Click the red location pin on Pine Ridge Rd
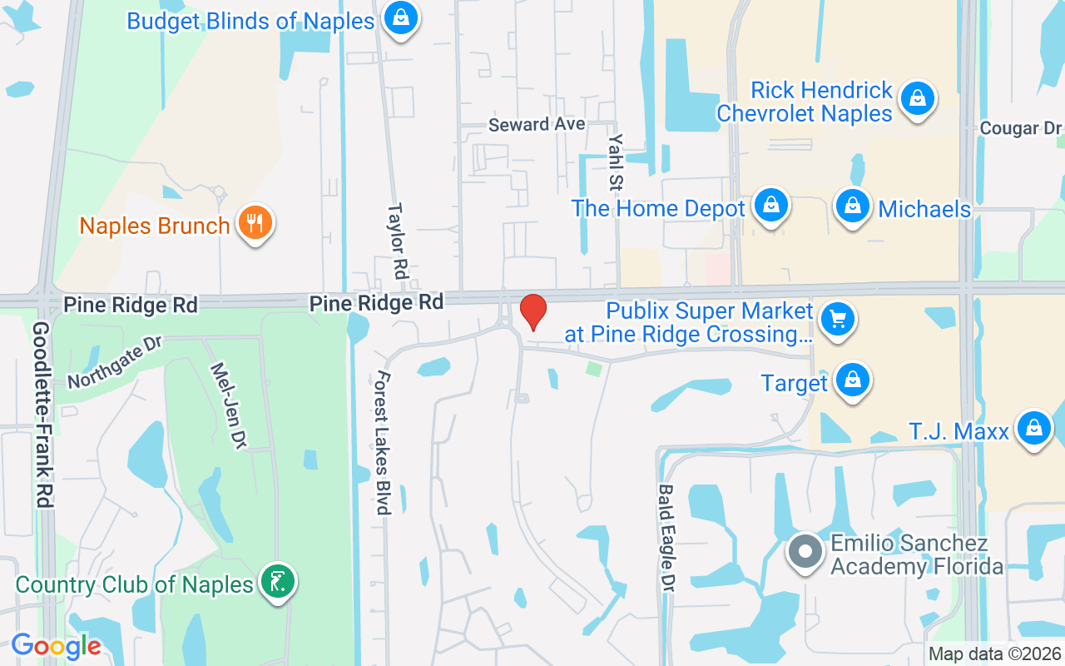coord(532,311)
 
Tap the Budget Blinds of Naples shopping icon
coord(401,16)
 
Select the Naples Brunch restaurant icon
coord(255,222)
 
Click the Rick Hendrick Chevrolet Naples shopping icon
coord(917,98)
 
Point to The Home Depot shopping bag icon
coord(771,204)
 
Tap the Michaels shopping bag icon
coord(852,205)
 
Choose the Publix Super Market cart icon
coord(837,320)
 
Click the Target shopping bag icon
coord(852,380)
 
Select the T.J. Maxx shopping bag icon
coord(1033,428)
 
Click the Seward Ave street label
coord(537,125)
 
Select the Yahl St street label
coord(617,162)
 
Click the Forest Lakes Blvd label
coord(383,442)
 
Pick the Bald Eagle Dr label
coord(666,538)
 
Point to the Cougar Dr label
coord(1021,128)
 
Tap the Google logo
coord(56,646)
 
